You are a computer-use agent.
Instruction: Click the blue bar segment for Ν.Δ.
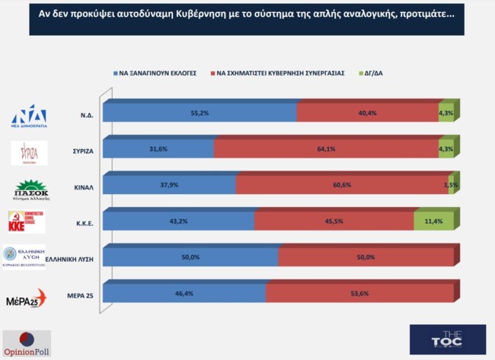(200, 112)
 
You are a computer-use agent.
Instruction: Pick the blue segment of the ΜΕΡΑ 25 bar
(184, 293)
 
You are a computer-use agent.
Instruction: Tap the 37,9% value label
(169, 186)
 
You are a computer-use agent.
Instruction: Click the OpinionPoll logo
(26, 342)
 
